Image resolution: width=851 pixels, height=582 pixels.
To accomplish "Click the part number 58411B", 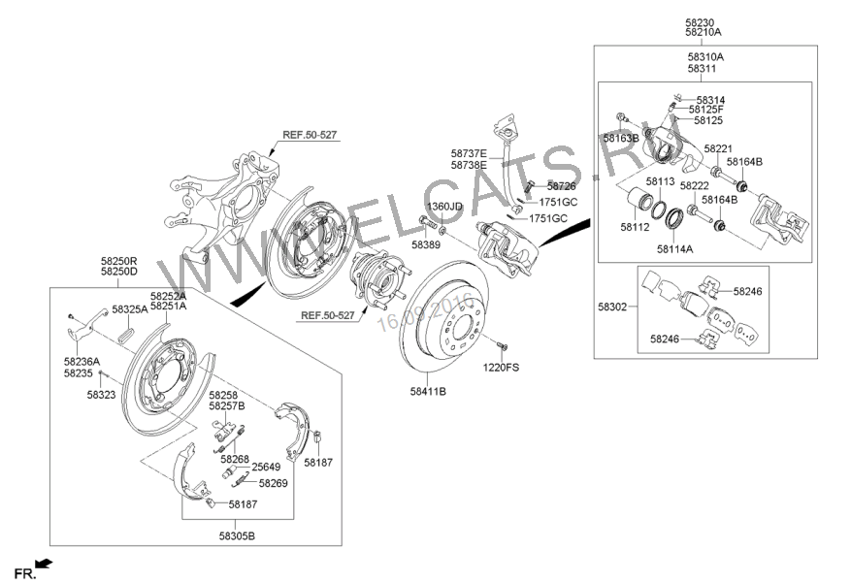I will coord(428,392).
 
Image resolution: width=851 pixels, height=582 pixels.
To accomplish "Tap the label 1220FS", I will coord(502,368).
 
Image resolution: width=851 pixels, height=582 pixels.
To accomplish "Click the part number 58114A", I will coord(675,249).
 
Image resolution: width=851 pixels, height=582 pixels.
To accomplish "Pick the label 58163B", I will coord(621,139).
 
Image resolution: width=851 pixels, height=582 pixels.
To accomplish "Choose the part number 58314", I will coord(710,100).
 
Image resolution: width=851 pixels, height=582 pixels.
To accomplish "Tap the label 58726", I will coord(561,185).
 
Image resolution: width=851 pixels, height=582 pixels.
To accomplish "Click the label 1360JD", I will coord(445,207).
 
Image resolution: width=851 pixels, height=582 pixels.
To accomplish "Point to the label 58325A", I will coord(130,309).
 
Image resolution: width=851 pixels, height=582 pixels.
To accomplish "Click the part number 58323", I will coord(101,395).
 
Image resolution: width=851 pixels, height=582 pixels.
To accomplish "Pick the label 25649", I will coord(266,468).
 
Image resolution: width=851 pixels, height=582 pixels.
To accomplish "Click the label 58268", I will coord(235,459).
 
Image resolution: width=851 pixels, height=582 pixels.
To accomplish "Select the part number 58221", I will coord(718,149).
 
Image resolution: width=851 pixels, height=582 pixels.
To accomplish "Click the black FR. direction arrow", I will coord(43,563).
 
